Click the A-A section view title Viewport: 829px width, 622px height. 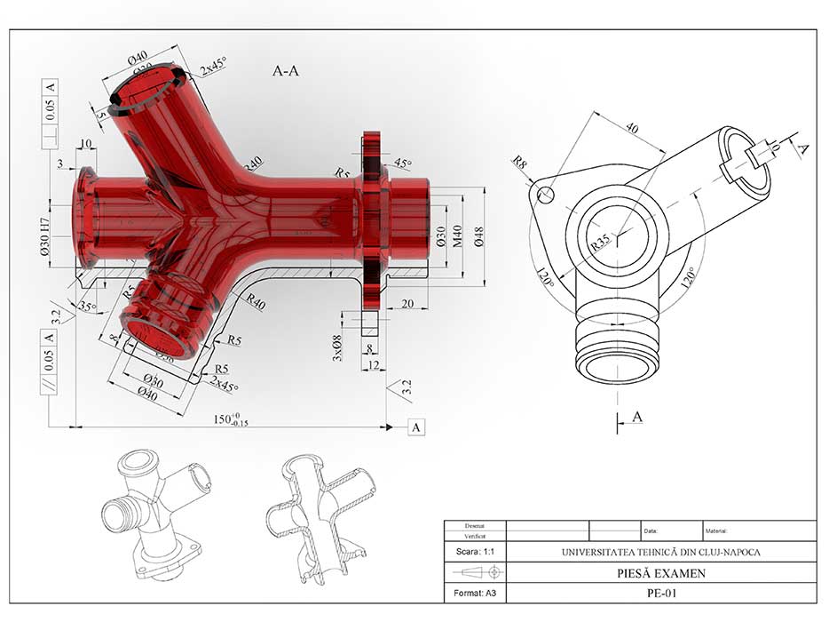(x=285, y=72)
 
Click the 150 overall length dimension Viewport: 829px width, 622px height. (x=229, y=419)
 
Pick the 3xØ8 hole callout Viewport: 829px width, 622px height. (x=336, y=347)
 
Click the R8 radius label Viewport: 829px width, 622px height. (x=520, y=162)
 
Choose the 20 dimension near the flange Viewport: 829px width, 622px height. (x=408, y=303)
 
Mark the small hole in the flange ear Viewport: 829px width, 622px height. (x=548, y=193)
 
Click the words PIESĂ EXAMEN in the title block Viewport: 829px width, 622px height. (x=660, y=573)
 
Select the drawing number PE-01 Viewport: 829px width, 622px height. (x=660, y=593)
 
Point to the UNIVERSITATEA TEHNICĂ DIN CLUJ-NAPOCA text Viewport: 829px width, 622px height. (x=660, y=552)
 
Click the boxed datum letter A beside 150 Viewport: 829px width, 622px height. (x=417, y=427)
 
